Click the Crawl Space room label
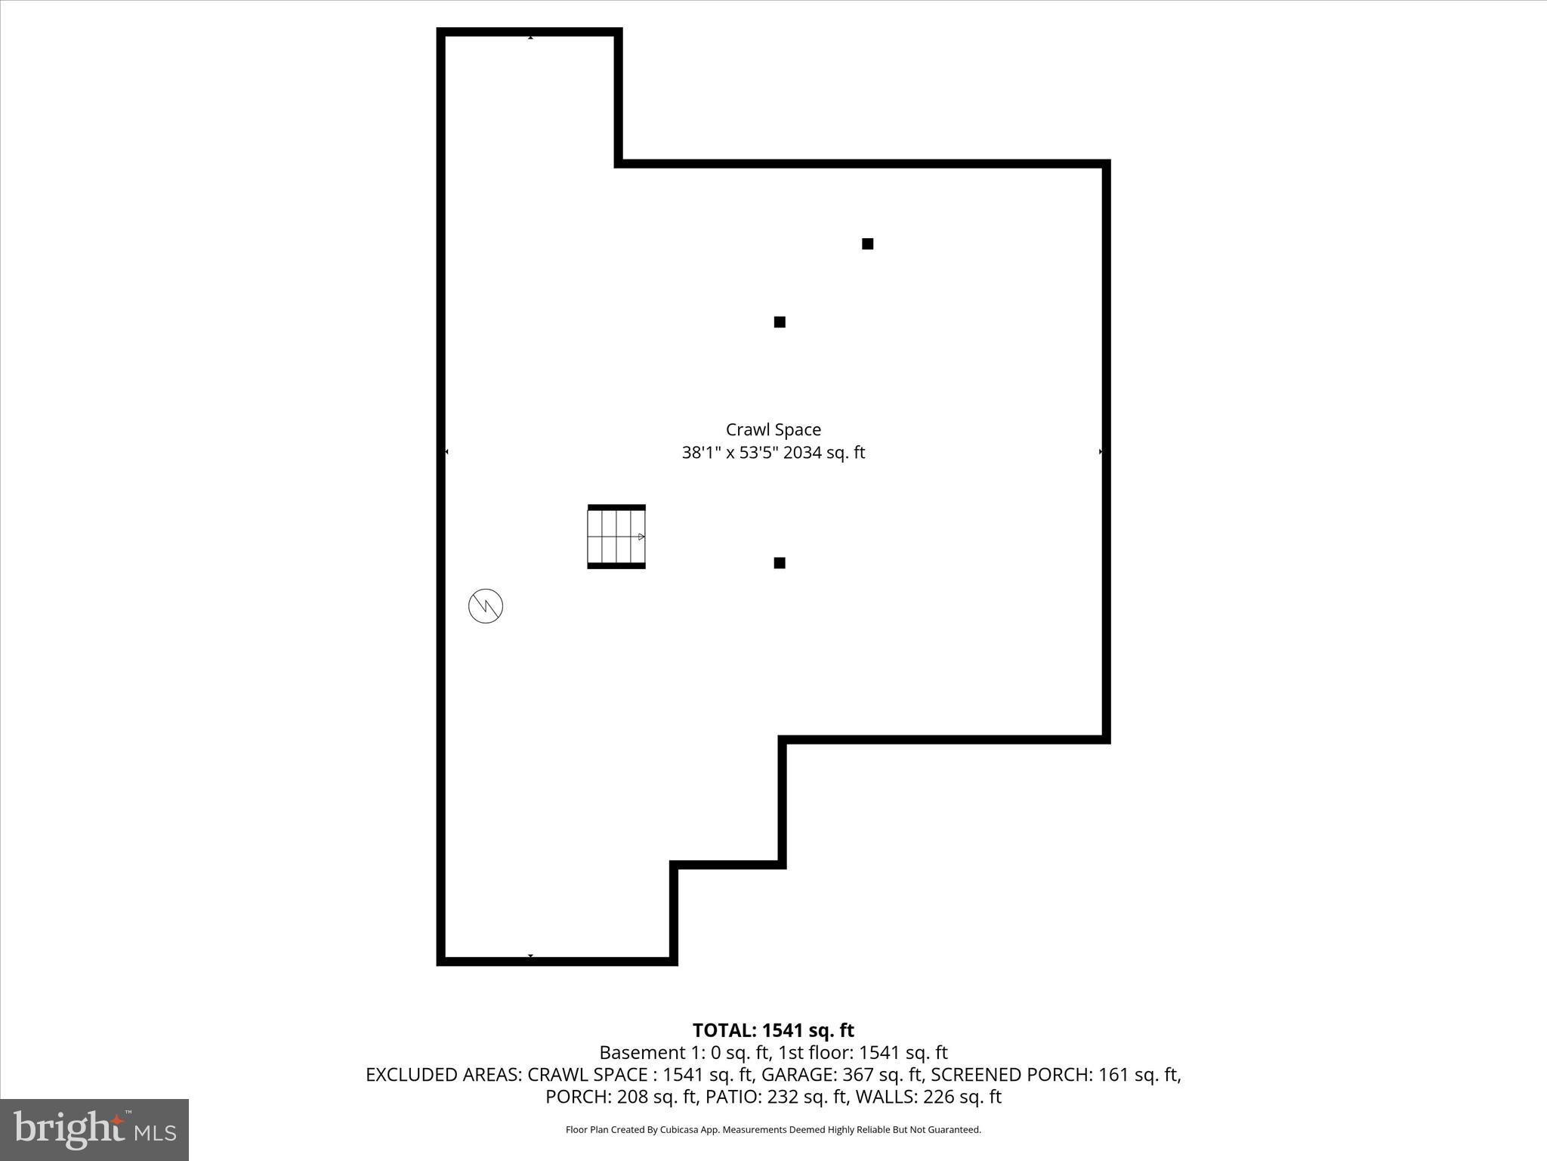773,429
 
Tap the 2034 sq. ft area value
824,453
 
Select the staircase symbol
616,537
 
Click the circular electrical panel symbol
486,606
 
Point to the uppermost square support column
868,243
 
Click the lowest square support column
780,563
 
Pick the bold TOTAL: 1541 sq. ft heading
773,1030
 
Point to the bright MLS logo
94,1129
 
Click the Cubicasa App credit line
773,1130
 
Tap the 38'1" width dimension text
702,453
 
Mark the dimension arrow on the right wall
1101,452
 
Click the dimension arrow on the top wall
530,37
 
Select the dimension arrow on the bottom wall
530,956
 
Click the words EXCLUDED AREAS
443,1074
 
